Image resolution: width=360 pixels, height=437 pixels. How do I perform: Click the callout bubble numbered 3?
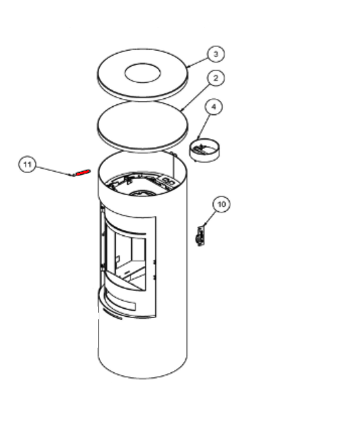tap(216, 54)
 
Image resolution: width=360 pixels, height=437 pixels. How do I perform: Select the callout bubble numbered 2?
tap(216, 78)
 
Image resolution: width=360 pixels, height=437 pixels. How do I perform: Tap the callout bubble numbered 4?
tap(214, 107)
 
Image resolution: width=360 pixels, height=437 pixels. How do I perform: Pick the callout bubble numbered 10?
tap(222, 204)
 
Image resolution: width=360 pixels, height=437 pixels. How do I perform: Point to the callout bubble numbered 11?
tap(28, 165)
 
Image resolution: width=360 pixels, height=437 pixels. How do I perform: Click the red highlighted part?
tap(83, 173)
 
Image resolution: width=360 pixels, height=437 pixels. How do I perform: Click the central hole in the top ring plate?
tap(142, 73)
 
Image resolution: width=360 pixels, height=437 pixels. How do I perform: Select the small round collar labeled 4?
tap(205, 150)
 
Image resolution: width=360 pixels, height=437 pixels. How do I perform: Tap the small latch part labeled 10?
tap(200, 237)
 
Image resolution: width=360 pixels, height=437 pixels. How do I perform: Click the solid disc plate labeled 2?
tap(142, 126)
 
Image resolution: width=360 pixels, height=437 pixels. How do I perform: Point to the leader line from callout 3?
tap(198, 62)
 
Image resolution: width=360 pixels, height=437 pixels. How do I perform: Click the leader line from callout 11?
tap(53, 171)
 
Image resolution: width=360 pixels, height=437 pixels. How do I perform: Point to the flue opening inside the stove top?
tap(142, 193)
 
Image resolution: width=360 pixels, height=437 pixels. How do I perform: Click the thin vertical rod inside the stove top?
tap(174, 166)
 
